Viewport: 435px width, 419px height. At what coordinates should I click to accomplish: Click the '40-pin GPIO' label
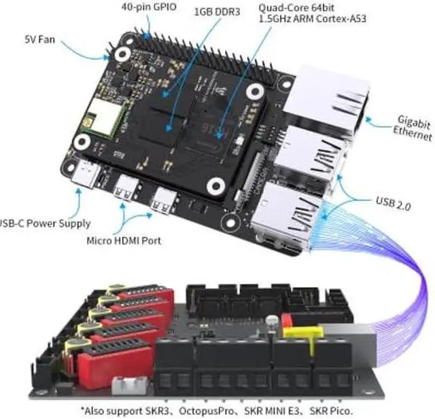point(147,6)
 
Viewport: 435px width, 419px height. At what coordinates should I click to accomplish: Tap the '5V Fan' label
point(39,39)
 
